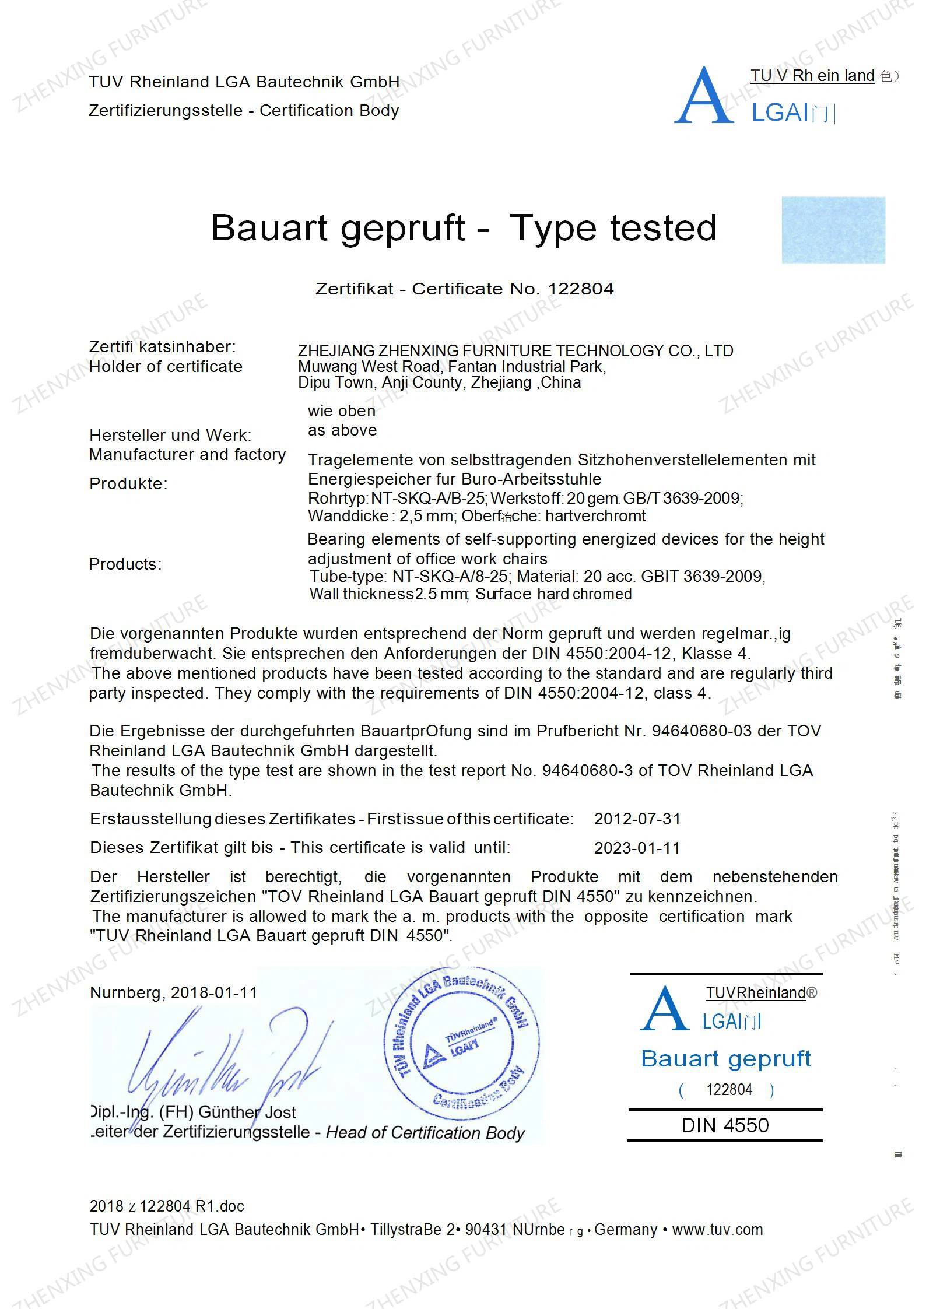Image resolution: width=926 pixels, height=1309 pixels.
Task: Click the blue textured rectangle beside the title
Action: point(833,230)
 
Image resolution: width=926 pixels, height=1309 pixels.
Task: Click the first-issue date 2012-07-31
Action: point(637,819)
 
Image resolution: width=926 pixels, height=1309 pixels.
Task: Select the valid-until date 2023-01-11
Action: point(637,848)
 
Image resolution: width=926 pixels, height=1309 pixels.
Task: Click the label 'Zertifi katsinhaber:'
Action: point(162,347)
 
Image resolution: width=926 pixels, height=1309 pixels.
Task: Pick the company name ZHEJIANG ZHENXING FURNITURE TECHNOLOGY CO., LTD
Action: point(515,351)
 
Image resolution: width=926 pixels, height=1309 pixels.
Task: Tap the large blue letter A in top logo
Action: point(704,96)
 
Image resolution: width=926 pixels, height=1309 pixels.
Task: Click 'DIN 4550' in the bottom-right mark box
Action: point(725,1125)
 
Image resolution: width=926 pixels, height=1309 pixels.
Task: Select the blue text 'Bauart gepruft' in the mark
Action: point(725,1059)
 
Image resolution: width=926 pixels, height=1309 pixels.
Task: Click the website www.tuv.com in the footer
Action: point(717,1230)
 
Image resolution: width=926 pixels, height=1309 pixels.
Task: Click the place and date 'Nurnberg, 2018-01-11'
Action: point(174,993)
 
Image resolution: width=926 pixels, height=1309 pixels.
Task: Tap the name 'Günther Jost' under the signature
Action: point(247,1112)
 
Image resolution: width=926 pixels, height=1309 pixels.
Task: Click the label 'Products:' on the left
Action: point(125,564)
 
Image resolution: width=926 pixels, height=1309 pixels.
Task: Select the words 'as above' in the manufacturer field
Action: point(342,430)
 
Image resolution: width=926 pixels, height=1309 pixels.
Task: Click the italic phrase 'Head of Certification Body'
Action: point(425,1132)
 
